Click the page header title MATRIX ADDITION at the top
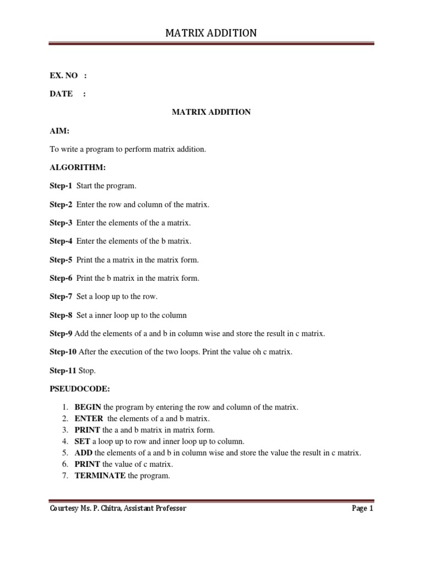[211, 33]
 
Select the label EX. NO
[63, 76]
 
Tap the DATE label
[61, 94]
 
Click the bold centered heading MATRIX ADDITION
[211, 112]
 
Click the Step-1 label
[61, 186]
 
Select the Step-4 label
[61, 241]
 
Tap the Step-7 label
[61, 297]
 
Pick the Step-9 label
[61, 334]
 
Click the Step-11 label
[63, 371]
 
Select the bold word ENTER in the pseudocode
[89, 419]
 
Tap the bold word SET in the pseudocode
[83, 441]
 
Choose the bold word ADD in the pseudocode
[83, 453]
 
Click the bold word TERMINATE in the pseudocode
[100, 475]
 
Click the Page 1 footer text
[362, 509]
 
